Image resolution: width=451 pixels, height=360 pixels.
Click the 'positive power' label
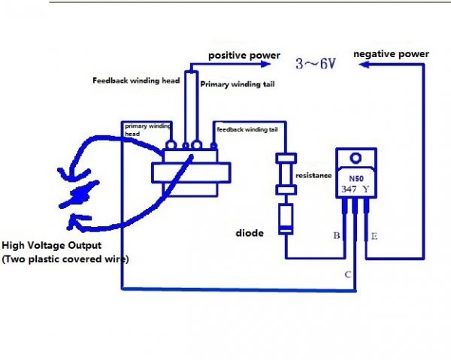pos(244,56)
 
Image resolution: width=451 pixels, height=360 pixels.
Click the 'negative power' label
pos(391,54)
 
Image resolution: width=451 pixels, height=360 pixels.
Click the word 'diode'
pos(249,233)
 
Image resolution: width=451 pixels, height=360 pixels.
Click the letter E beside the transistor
pos(374,237)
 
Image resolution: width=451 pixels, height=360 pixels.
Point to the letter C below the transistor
pos(347,275)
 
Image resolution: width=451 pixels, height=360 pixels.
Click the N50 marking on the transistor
pos(354,179)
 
